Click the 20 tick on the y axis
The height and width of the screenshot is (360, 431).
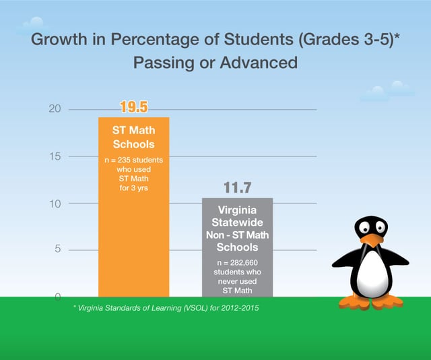[55, 109]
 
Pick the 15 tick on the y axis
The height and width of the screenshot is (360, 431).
[55, 156]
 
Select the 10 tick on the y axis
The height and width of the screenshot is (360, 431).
[55, 204]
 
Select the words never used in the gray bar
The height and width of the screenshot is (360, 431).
[236, 280]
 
